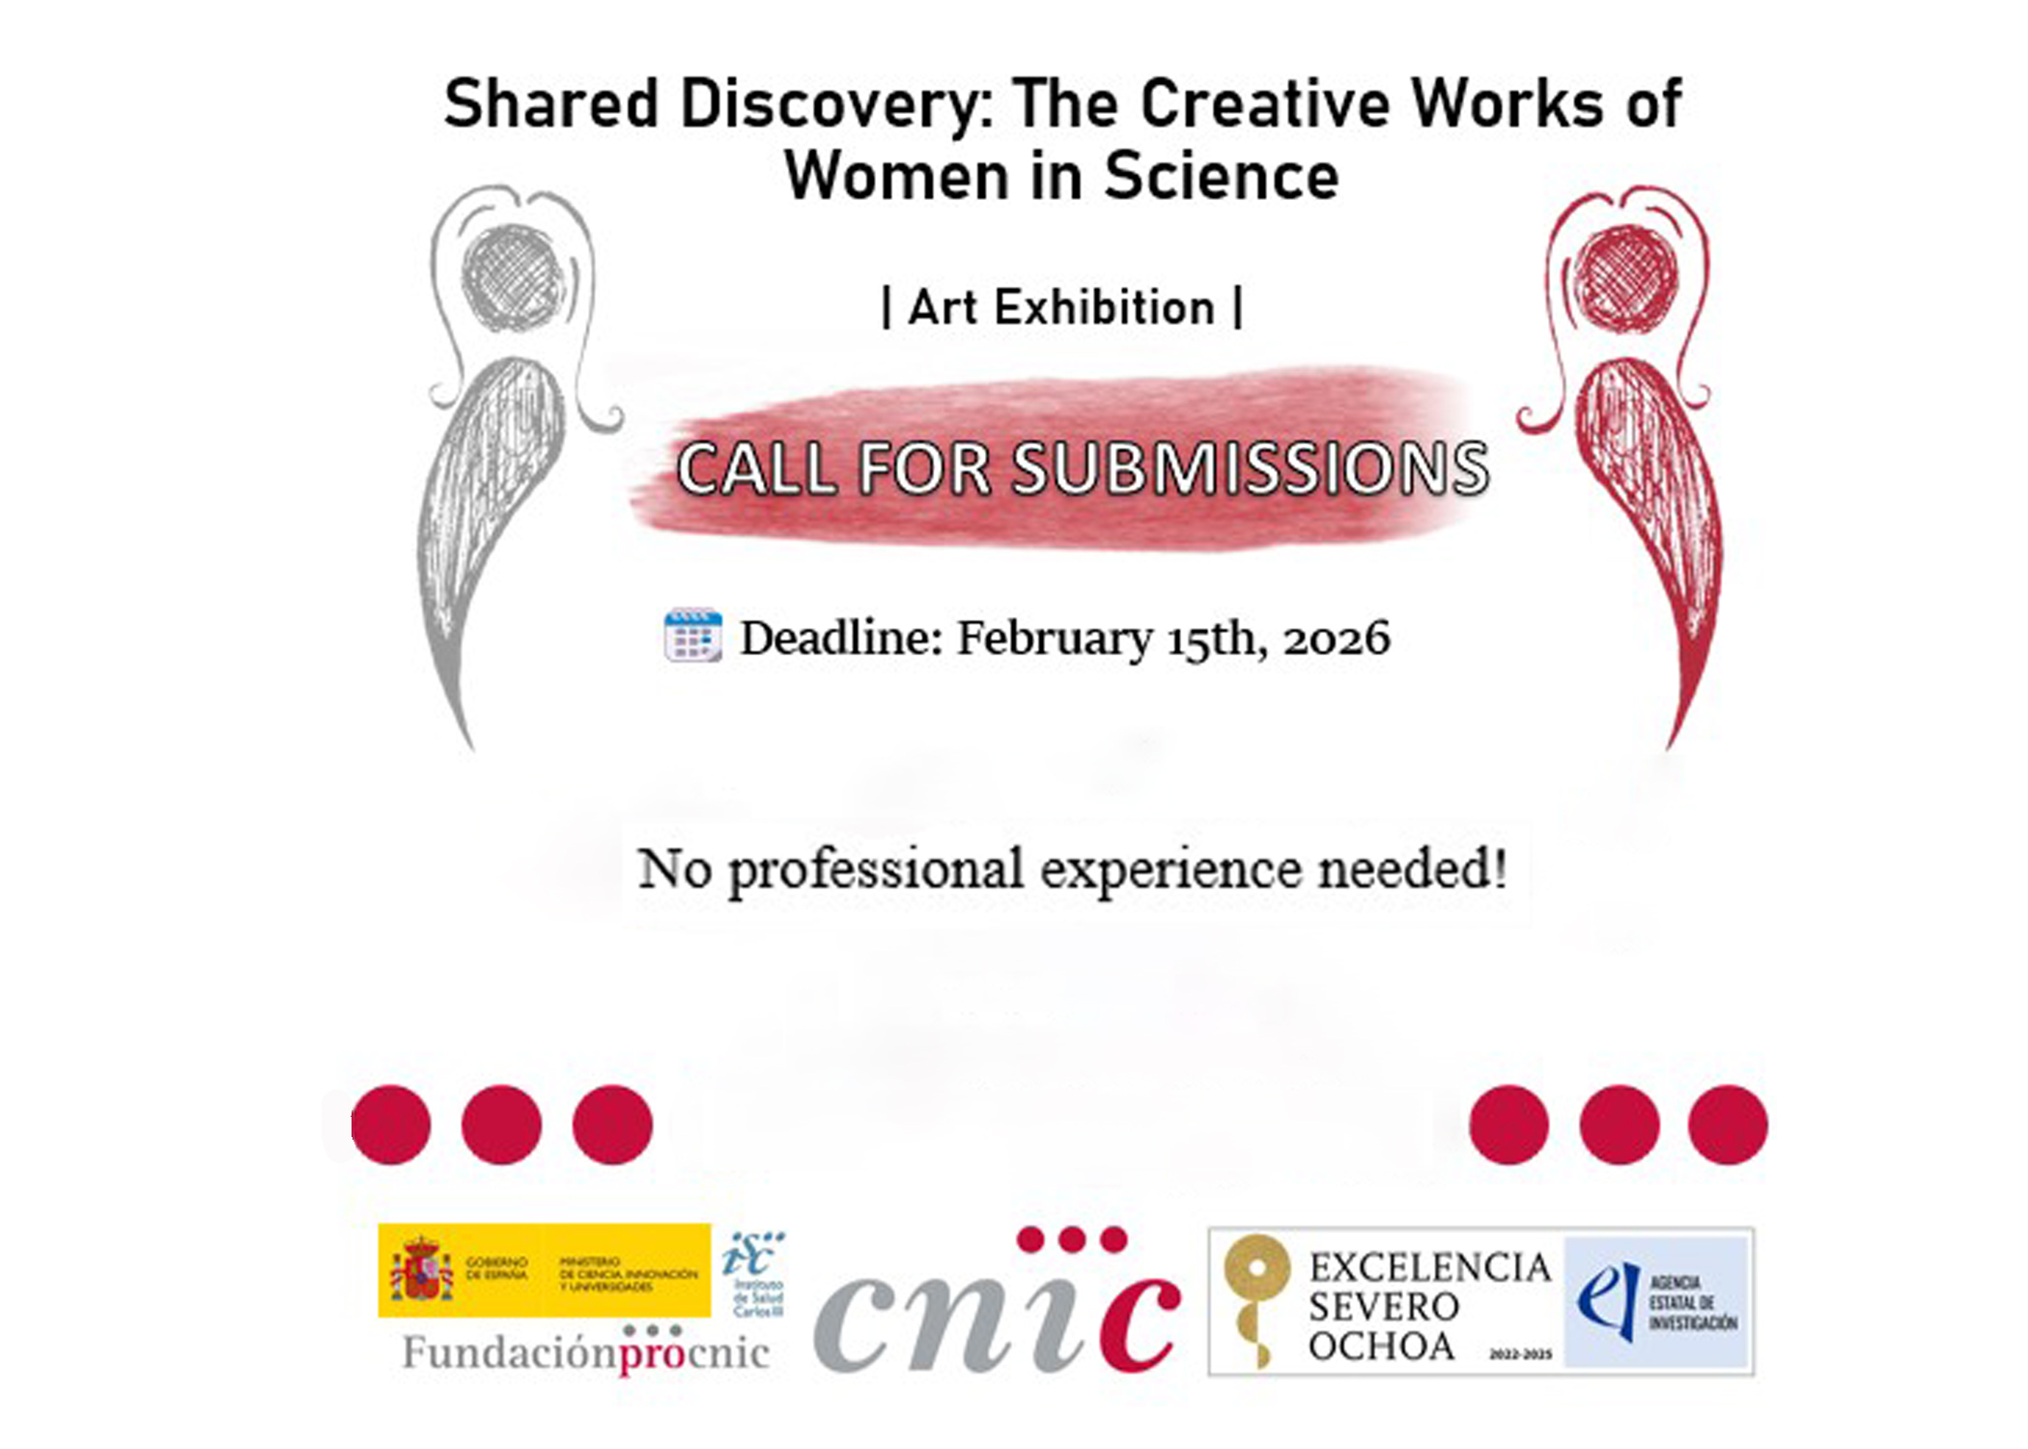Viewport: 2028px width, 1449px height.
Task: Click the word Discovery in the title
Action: [831, 104]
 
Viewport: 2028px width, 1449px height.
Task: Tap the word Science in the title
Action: [1222, 177]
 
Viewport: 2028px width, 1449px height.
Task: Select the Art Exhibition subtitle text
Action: [1062, 308]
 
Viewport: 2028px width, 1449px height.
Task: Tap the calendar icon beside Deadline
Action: [692, 637]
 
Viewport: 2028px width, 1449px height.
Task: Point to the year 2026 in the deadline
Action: [1337, 639]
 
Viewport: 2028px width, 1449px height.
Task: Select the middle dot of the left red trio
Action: [501, 1124]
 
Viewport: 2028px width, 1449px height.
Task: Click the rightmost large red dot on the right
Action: [1728, 1124]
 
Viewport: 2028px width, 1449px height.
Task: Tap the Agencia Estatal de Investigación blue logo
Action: [1656, 1302]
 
